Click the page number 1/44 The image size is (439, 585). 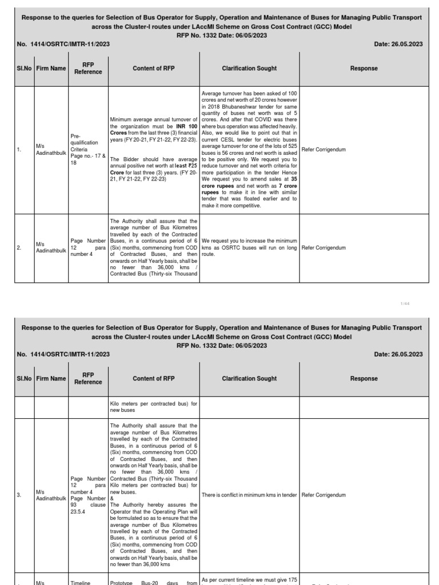point(406,303)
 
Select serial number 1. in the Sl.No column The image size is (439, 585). point(19,150)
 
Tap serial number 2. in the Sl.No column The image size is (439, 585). point(19,248)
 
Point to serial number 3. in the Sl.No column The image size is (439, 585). point(19,495)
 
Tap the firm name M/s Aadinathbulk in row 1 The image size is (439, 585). point(51,150)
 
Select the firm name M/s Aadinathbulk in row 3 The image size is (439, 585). point(51,495)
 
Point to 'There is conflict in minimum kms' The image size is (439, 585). point(249,495)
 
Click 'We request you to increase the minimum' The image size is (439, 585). point(249,241)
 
